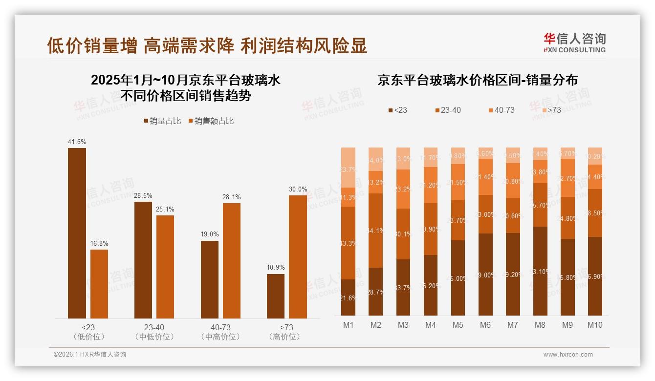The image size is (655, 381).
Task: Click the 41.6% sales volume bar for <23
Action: pos(77,233)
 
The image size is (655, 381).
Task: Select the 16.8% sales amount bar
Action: pos(99,284)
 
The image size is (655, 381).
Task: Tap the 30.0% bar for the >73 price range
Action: pos(298,256)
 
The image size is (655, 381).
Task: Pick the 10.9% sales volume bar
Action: pos(276,296)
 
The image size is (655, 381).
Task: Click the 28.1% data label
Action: pos(232,197)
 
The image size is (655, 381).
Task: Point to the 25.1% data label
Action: pos(165,209)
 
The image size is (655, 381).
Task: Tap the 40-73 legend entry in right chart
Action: pos(501,110)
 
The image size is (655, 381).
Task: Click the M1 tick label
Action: pos(348,325)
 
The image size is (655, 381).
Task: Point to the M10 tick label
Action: pos(595,325)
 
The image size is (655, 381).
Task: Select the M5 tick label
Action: pos(458,325)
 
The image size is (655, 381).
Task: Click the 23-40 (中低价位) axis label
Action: pos(154,332)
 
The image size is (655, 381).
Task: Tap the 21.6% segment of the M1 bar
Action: pos(348,297)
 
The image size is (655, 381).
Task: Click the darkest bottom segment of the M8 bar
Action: pos(540,271)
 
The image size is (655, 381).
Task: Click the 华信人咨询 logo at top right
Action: pos(574,42)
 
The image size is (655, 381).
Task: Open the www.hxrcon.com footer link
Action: pos(568,355)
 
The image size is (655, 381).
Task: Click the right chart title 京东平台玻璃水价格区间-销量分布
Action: pos(477,80)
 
